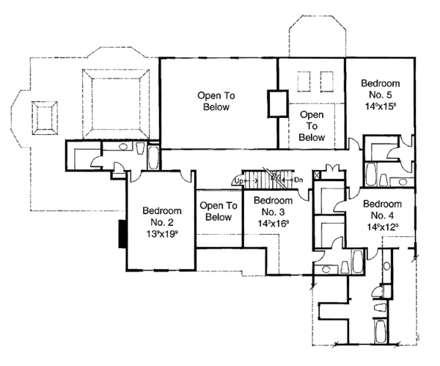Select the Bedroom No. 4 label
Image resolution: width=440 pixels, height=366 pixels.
click(x=382, y=210)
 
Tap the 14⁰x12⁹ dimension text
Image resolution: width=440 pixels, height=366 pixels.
click(x=382, y=227)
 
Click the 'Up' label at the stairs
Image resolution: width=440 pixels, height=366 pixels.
click(x=238, y=180)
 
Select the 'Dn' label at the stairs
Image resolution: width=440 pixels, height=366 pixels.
click(x=298, y=179)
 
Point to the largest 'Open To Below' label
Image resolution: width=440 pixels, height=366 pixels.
click(x=213, y=100)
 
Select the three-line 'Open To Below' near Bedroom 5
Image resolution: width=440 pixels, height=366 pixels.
click(x=312, y=126)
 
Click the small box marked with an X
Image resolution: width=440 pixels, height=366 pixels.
click(x=317, y=176)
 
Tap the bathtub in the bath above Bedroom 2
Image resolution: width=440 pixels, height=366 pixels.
click(x=153, y=156)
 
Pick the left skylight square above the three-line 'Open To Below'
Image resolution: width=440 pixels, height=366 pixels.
click(x=304, y=79)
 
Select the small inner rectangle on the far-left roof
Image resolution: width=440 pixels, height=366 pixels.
click(x=43, y=117)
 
